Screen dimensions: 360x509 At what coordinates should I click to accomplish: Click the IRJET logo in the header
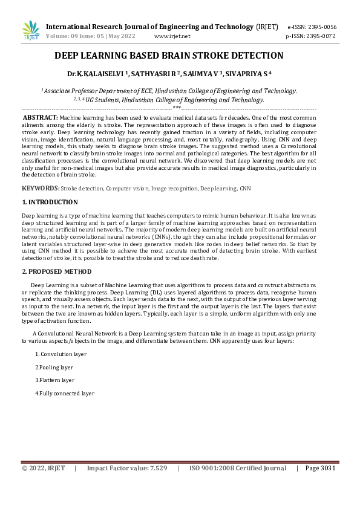31,31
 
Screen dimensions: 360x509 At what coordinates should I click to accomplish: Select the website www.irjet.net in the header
172,36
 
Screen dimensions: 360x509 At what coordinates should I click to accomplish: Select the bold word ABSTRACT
40,117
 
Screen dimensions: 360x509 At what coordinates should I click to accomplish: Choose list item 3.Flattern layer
54,380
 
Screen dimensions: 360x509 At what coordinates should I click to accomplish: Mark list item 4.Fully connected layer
65,394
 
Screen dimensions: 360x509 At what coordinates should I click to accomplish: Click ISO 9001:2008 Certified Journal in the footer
238,468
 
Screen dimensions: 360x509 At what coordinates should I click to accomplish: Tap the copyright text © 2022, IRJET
44,468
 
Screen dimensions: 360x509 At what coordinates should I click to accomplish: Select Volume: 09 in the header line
62,36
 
